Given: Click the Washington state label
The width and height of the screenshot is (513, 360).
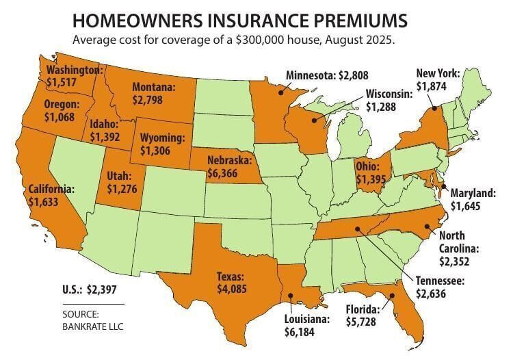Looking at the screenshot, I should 75,70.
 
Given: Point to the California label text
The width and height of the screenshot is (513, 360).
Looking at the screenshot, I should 51,190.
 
